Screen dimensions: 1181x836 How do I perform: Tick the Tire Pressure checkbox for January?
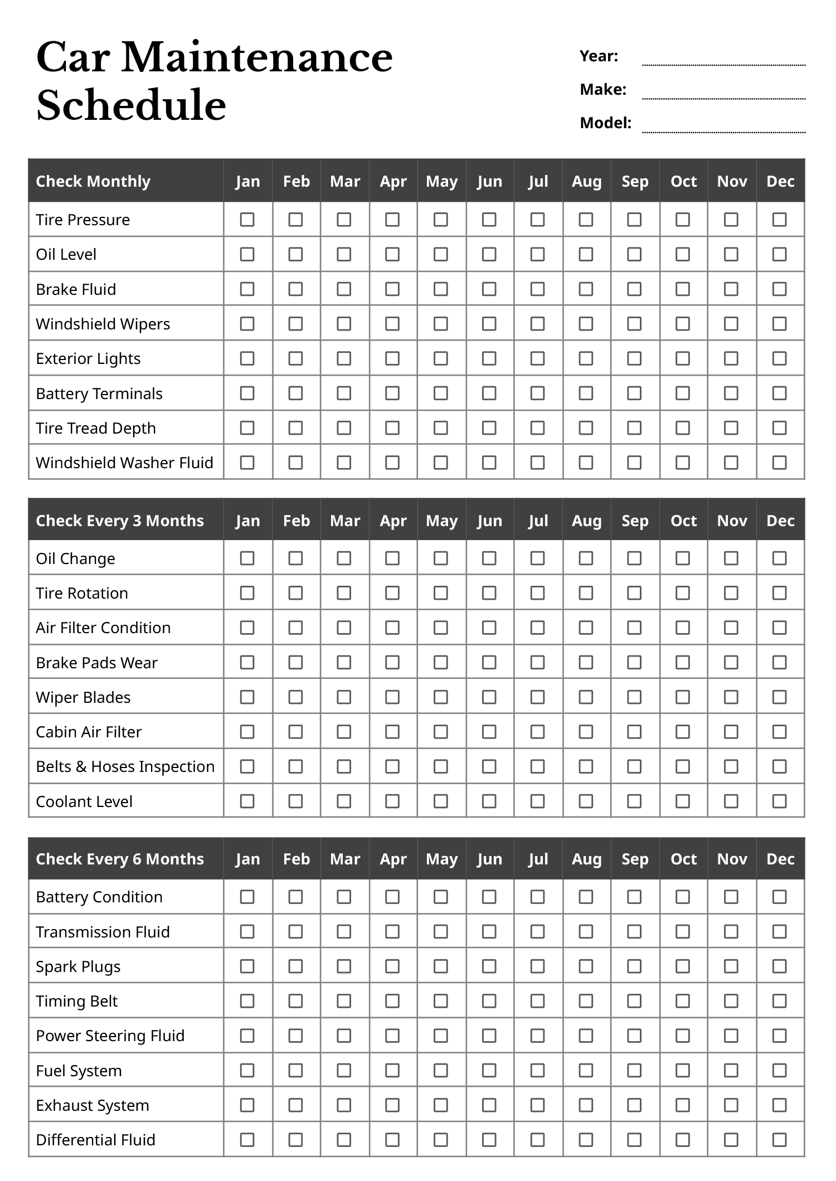click(247, 220)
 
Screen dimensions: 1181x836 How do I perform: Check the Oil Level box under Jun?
click(489, 254)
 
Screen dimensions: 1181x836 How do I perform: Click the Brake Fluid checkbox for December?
click(779, 289)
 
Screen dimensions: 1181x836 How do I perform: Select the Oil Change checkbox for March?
click(344, 558)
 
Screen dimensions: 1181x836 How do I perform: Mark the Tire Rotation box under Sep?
click(634, 592)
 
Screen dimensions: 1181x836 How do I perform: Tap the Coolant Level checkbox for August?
click(586, 801)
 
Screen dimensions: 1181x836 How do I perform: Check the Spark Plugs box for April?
click(392, 966)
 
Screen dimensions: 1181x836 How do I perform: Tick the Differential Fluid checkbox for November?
click(731, 1140)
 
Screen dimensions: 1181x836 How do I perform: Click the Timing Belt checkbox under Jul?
click(537, 1001)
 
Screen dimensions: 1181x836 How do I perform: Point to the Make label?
click(603, 90)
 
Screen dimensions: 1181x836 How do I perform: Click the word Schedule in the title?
click(132, 105)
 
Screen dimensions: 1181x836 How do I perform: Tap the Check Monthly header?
click(93, 181)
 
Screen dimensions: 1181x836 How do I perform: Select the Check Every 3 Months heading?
click(120, 521)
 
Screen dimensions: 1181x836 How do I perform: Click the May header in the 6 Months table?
click(441, 859)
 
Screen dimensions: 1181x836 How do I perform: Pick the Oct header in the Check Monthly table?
click(683, 181)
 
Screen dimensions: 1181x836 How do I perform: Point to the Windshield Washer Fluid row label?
click(124, 463)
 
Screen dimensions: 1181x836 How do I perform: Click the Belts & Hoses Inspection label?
click(125, 766)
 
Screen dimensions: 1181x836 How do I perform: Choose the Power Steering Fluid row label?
click(110, 1036)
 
